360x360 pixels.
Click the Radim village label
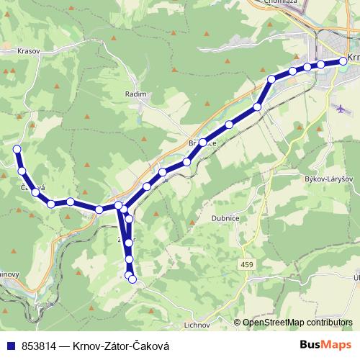point(135,94)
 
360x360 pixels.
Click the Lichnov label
point(197,325)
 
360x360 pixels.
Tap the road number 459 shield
point(248,266)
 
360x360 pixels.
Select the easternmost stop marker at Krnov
point(343,61)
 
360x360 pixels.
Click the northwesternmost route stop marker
point(17,149)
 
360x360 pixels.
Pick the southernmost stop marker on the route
point(132,279)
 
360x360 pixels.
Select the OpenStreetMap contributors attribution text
point(297,323)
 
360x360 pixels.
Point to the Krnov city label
point(352,58)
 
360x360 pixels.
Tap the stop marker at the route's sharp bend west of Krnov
point(271,79)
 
